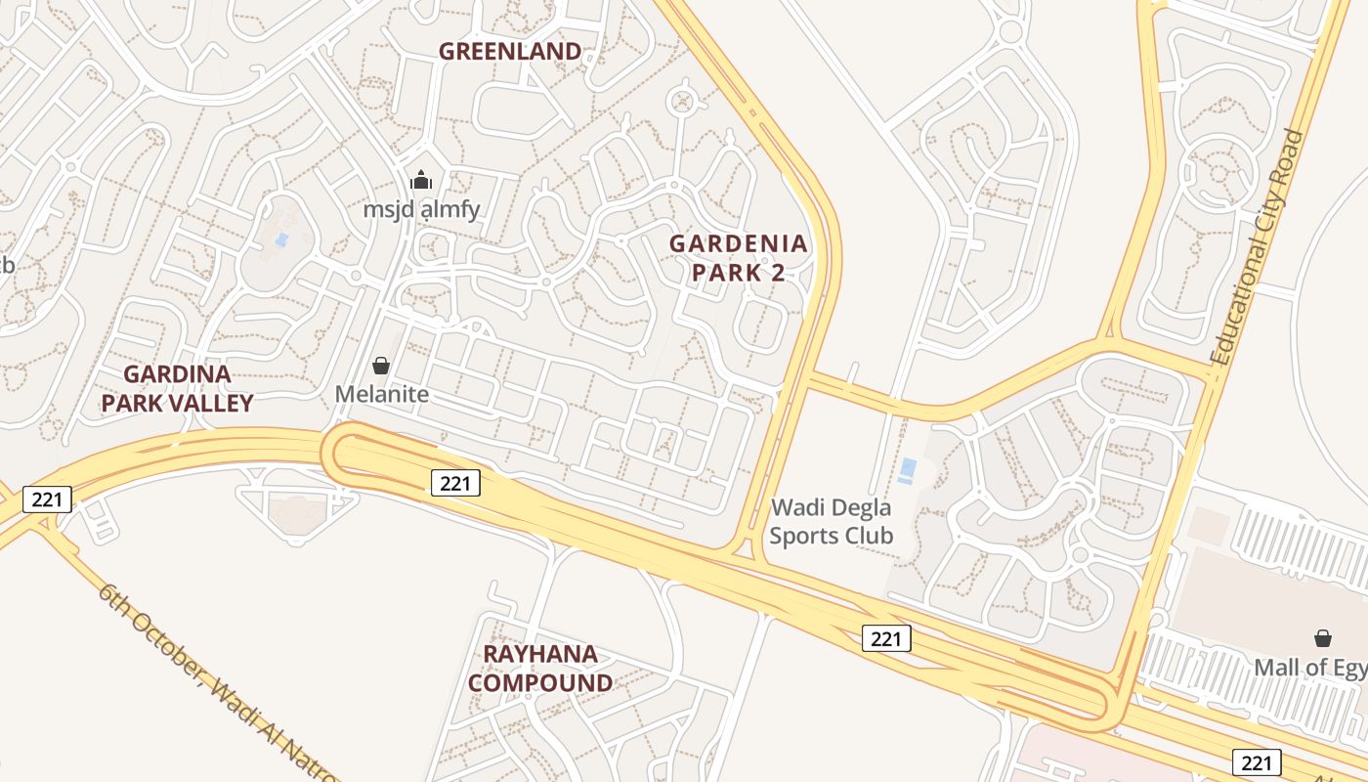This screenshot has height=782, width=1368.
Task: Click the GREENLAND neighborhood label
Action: [x=509, y=51]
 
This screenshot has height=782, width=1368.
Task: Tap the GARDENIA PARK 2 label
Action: [x=739, y=258]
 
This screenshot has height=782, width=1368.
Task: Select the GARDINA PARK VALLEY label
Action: [x=177, y=388]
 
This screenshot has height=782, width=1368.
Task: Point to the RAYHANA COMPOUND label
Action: [x=540, y=669]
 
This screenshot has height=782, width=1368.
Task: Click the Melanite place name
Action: [x=382, y=394]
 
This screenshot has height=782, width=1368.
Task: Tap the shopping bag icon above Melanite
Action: [x=381, y=366]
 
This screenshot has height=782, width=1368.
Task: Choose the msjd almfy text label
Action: [x=421, y=209]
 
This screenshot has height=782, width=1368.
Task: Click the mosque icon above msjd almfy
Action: [x=421, y=180]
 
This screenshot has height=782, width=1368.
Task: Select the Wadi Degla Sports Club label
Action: [x=832, y=522]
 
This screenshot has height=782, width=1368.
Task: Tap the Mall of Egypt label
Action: [x=1310, y=668]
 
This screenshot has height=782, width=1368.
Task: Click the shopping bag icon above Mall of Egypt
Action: [x=1323, y=638]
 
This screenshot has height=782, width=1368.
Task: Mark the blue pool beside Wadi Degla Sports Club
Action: [x=908, y=470]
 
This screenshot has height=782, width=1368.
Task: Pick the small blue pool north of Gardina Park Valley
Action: [x=282, y=239]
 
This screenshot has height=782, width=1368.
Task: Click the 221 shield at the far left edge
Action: [x=47, y=500]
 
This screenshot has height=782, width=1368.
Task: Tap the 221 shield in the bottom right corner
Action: [x=1257, y=761]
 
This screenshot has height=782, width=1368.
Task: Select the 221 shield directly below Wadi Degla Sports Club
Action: [x=886, y=638]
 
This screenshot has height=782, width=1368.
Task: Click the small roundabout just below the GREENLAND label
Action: [x=681, y=100]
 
